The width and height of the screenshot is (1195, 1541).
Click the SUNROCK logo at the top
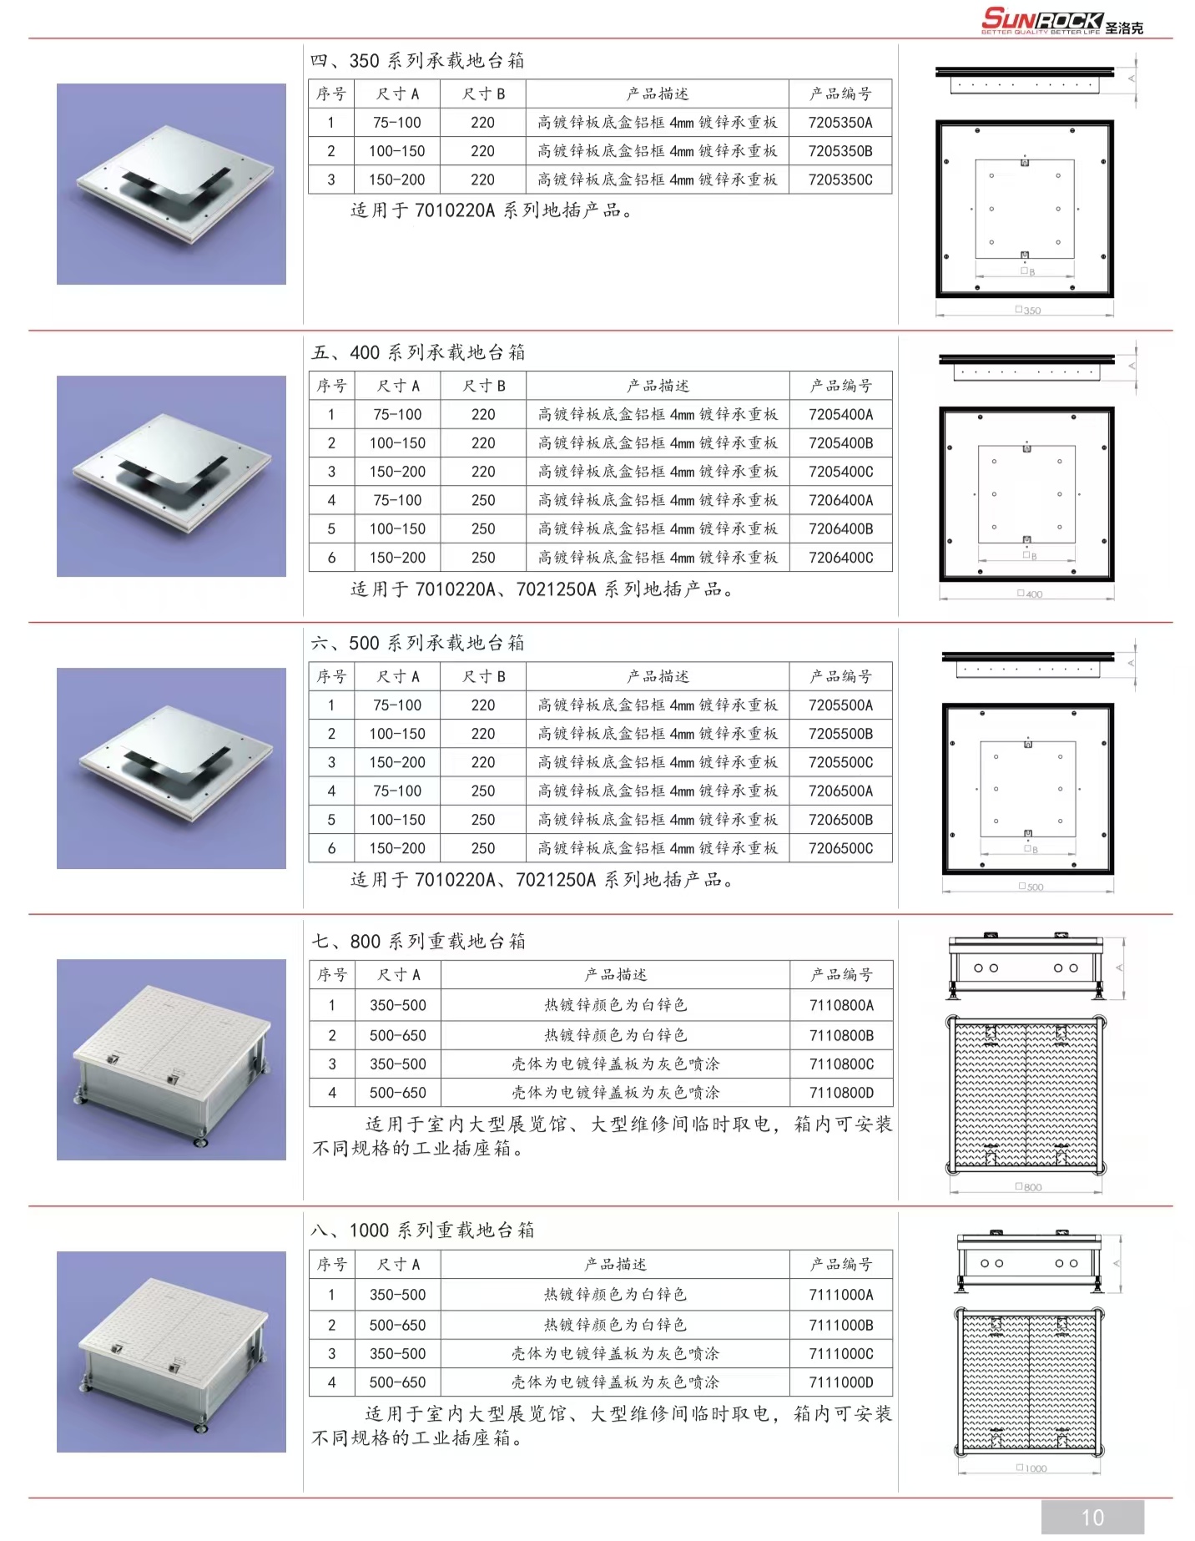tap(1061, 20)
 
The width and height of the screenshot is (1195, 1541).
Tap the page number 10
tap(1092, 1517)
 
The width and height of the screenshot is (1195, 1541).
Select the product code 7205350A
tap(840, 123)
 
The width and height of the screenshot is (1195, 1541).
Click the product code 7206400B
tap(841, 529)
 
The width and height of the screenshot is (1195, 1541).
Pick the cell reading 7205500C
tap(841, 762)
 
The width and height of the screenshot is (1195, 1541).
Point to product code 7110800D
tap(842, 1093)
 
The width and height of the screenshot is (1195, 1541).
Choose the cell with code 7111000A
tap(841, 1295)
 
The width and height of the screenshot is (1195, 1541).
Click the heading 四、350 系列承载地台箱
tap(417, 61)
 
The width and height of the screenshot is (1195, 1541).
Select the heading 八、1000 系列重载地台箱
tap(422, 1230)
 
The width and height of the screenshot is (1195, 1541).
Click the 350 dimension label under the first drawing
tap(1028, 310)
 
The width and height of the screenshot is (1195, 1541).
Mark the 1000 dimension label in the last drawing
tap(1031, 1468)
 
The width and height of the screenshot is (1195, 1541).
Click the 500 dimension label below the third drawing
tap(1031, 887)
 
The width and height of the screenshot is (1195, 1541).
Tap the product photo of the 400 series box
tap(171, 476)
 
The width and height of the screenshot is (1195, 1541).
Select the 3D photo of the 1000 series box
tap(171, 1352)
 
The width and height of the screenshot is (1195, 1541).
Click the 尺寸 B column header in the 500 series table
tap(484, 677)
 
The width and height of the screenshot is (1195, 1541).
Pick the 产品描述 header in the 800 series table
tap(616, 975)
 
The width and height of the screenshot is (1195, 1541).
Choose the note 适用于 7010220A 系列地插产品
tap(492, 210)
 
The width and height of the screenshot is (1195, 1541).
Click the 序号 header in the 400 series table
tap(331, 386)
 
